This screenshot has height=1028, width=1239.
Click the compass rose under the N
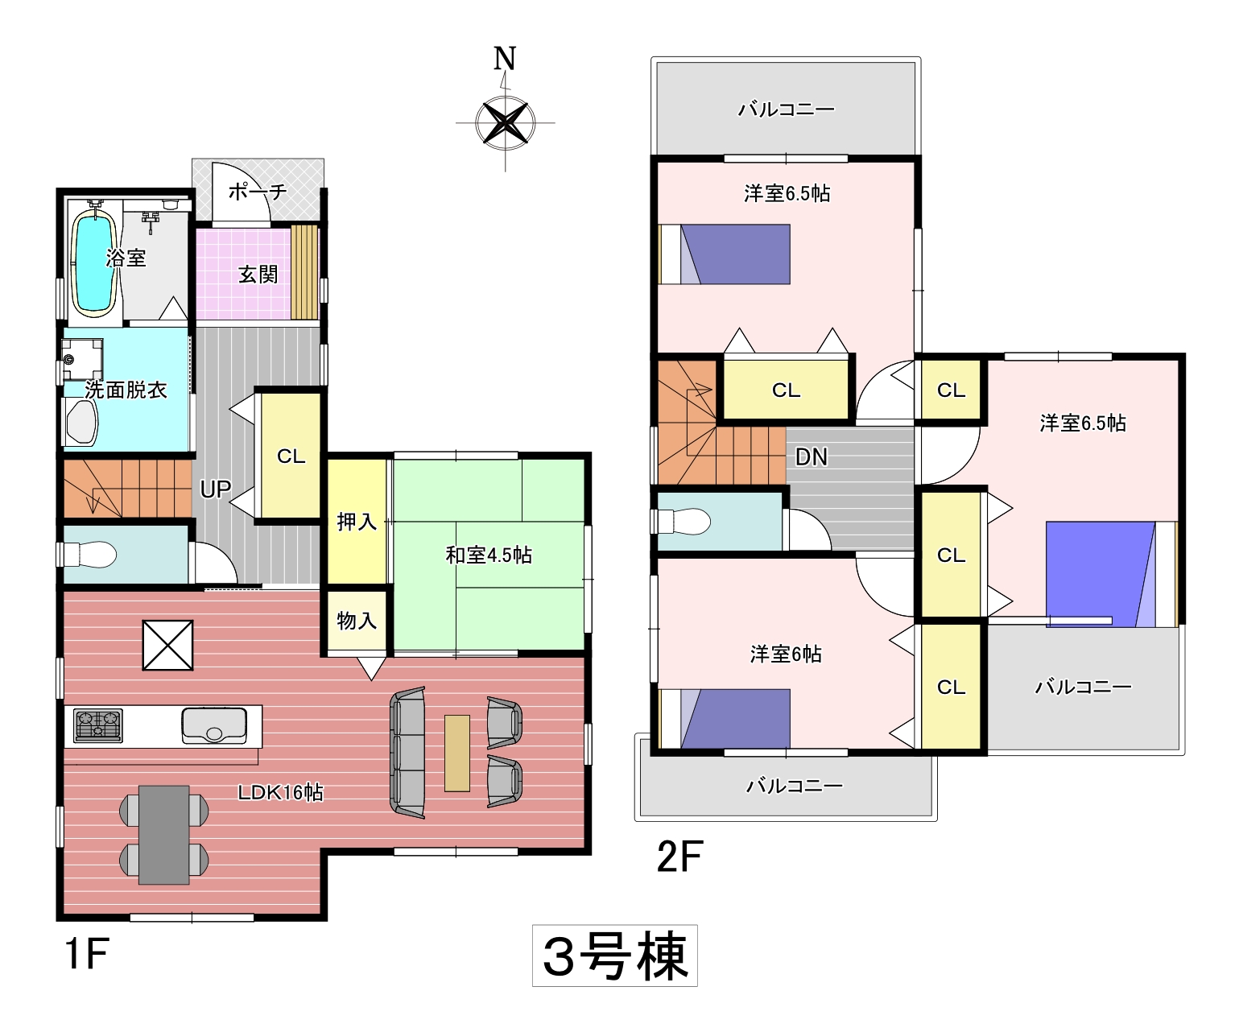point(505,123)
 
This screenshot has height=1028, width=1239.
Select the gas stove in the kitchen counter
point(98,725)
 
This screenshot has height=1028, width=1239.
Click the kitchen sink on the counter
point(214,725)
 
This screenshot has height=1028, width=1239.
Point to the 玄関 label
point(258,275)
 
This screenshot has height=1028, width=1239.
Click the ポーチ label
point(258,191)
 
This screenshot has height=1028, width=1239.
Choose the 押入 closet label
point(357,522)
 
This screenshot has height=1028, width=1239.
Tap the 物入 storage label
point(357,621)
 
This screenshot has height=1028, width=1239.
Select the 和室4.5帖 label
point(489,555)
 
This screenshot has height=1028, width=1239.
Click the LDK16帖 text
point(281,792)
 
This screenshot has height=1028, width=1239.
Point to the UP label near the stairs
point(216,489)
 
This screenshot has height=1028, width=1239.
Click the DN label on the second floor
point(812,456)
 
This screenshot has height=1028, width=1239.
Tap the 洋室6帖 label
point(786,654)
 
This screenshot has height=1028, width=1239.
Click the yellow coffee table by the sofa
point(457,753)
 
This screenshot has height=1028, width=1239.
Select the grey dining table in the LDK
point(163,835)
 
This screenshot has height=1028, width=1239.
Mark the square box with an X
point(168,645)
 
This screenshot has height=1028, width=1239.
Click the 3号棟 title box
point(615,957)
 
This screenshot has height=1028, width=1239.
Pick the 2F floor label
point(680,857)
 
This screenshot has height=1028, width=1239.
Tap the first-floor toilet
point(90,555)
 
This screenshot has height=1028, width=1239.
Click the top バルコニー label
point(787,109)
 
